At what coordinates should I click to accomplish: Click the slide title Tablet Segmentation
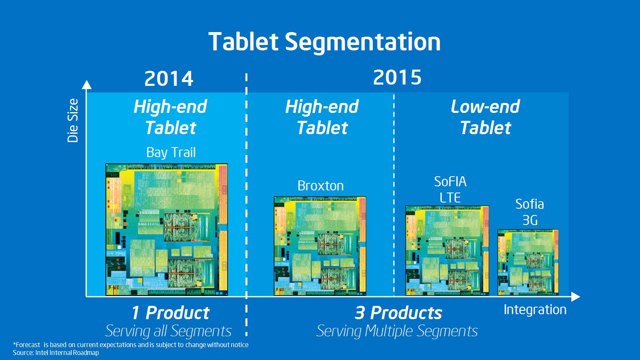tap(324, 42)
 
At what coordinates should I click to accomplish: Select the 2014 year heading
tap(169, 79)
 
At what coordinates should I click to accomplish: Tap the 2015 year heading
tap(397, 77)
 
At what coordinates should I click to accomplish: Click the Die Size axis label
tap(72, 120)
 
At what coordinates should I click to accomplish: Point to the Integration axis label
tap(535, 310)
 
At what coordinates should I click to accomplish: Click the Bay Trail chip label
tap(171, 152)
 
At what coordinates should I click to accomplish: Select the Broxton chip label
tap(320, 186)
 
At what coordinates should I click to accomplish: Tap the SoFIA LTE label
tap(450, 190)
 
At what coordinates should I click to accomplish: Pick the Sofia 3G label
tap(530, 212)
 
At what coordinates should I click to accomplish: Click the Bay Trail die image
tap(167, 230)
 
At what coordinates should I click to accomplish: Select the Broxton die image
tap(320, 246)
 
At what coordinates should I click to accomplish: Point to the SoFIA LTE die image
tap(447, 250)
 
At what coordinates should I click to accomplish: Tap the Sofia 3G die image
tap(528, 262)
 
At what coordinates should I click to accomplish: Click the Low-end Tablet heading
tap(485, 117)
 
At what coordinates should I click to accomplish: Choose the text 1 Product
tap(170, 312)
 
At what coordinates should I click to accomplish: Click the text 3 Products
tap(398, 312)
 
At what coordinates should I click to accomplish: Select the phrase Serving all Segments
tap(169, 331)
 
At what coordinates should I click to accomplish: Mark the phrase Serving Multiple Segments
tap(397, 331)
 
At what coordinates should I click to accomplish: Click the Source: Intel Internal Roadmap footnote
tap(56, 353)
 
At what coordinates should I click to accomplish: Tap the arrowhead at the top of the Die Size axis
tap(87, 85)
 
